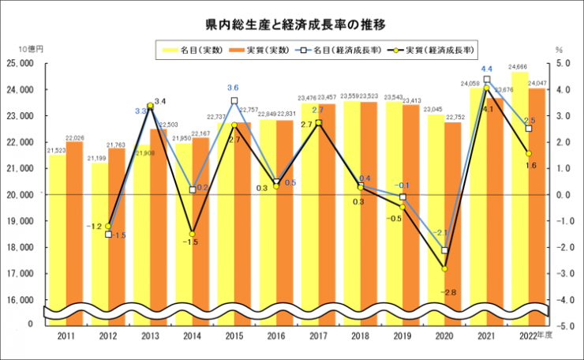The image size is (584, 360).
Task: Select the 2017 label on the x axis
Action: (317, 337)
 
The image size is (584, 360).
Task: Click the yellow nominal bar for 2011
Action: (57, 237)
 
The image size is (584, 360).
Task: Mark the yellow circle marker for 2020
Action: (444, 268)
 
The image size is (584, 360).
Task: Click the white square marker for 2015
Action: (234, 101)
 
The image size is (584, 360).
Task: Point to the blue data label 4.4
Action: (487, 69)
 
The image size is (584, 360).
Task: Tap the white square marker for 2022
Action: (529, 129)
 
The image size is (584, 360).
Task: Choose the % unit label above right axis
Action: (558, 49)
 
